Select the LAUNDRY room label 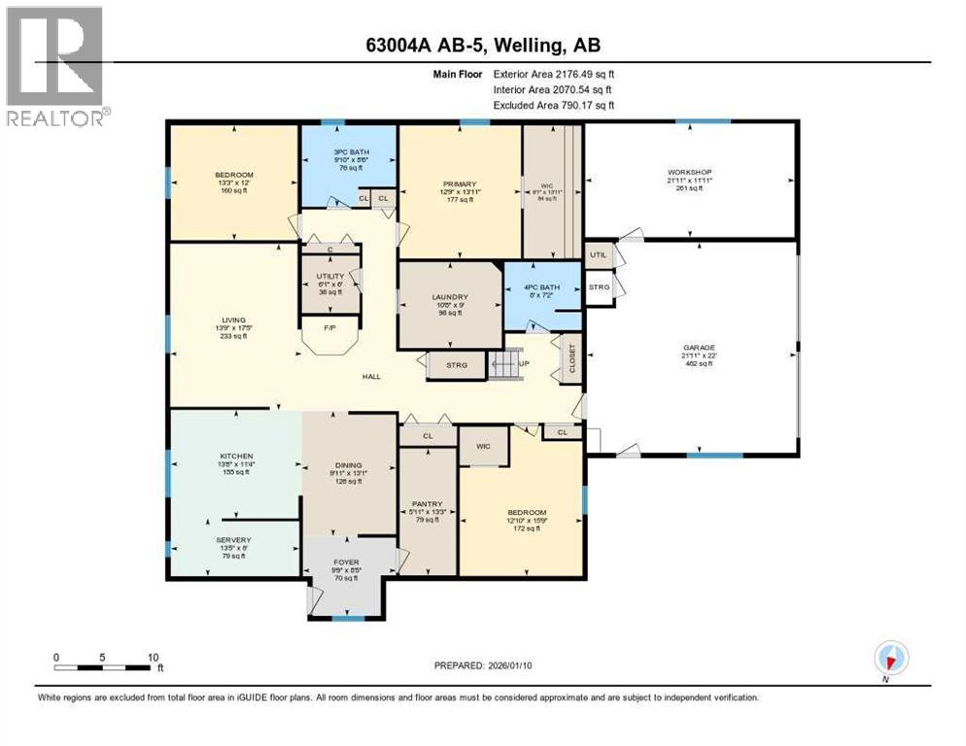pyautogui.click(x=450, y=297)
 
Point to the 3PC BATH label pyautogui.click(x=348, y=151)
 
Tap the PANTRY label pyautogui.click(x=429, y=504)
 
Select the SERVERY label pyautogui.click(x=234, y=540)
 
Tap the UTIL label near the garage pyautogui.click(x=599, y=254)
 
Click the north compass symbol pyautogui.click(x=886, y=660)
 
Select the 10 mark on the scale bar pyautogui.click(x=153, y=657)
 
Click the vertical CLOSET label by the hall pyautogui.click(x=571, y=358)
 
